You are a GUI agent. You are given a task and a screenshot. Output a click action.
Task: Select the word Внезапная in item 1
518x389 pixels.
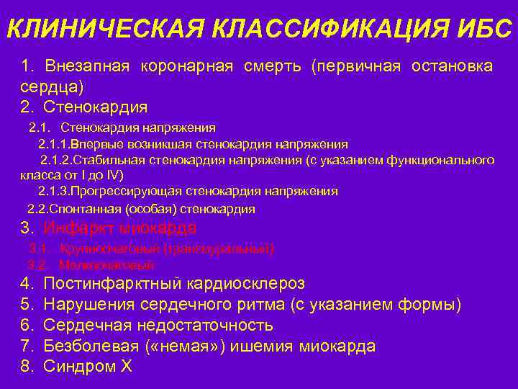tap(87, 66)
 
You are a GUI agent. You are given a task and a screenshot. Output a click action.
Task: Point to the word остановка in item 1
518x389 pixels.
tap(452, 66)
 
